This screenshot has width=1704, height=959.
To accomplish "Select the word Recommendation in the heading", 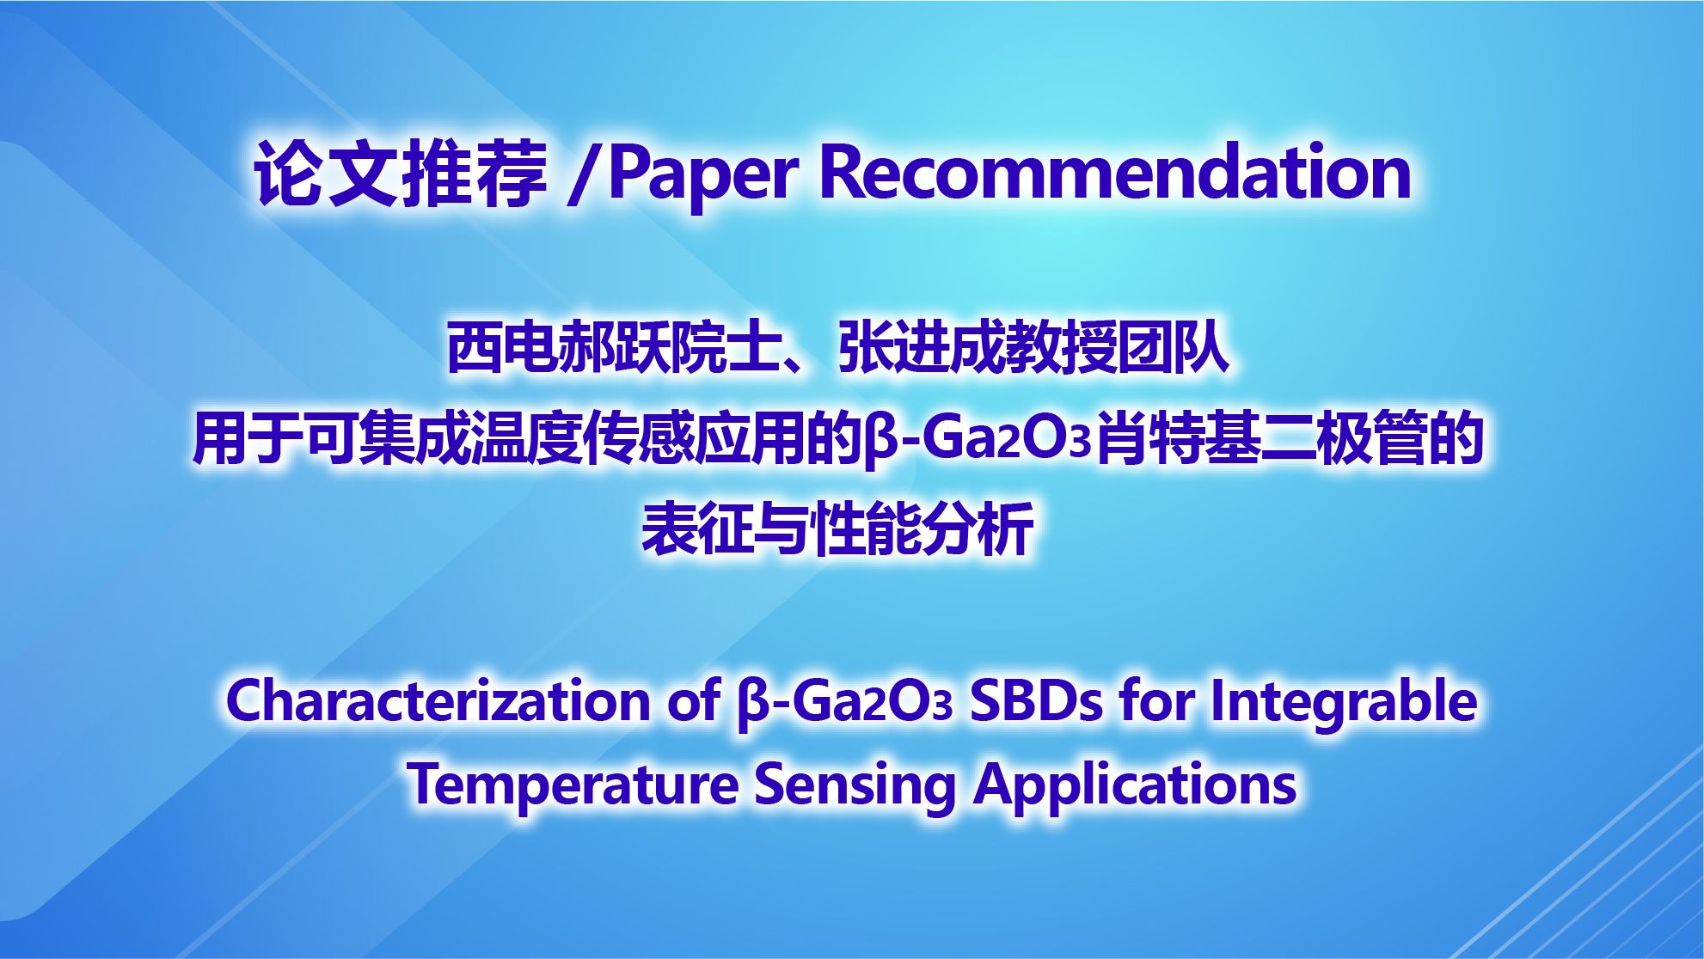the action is coord(1116,171).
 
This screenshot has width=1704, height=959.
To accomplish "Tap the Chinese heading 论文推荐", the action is coord(401,174).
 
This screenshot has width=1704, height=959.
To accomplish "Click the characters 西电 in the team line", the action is coord(501,347).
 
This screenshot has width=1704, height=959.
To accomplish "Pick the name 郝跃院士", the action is coord(669,347).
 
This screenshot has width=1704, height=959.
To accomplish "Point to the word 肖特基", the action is coord(1178,438).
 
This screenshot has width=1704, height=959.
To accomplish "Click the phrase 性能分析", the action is coord(923,528).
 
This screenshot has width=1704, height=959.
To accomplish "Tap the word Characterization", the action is coord(438,700).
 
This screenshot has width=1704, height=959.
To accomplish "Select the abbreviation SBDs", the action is coord(1036,700).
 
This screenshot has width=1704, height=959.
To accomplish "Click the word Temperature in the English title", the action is coord(573,785).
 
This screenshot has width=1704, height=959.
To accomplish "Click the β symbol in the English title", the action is coord(754,704).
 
